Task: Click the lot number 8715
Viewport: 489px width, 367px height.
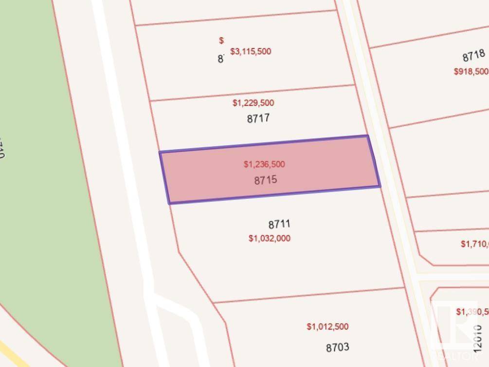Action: pyautogui.click(x=265, y=180)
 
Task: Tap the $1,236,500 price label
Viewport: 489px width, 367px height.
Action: pyautogui.click(x=264, y=164)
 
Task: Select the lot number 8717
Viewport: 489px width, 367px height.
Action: pyautogui.click(x=258, y=118)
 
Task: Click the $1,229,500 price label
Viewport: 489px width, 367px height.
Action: pyautogui.click(x=253, y=103)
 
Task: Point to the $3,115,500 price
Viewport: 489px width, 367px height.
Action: pyautogui.click(x=251, y=51)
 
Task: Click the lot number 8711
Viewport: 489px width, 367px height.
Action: pyautogui.click(x=279, y=225)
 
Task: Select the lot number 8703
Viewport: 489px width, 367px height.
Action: pyautogui.click(x=337, y=348)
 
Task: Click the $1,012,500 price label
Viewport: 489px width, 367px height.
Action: pyautogui.click(x=327, y=327)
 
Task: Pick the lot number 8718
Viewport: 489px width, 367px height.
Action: pyautogui.click(x=473, y=56)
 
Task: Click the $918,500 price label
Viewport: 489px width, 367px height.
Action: pyautogui.click(x=471, y=71)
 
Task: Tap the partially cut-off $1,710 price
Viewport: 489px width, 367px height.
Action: pyautogui.click(x=474, y=244)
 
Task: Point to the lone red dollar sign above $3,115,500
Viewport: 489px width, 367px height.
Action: pyautogui.click(x=221, y=40)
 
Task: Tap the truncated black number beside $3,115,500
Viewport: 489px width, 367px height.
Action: pyautogui.click(x=220, y=59)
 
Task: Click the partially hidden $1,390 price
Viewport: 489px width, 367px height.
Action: pyautogui.click(x=472, y=311)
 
